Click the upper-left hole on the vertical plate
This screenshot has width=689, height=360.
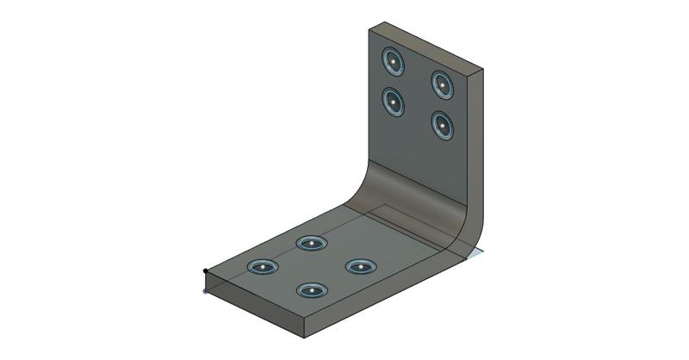click(x=393, y=61)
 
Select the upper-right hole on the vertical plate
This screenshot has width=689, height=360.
click(x=442, y=84)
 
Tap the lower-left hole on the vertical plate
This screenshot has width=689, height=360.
click(x=393, y=102)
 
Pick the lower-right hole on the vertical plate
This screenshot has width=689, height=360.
click(x=442, y=126)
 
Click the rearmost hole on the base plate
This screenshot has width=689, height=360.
click(x=311, y=243)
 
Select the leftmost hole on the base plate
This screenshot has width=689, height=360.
click(x=263, y=267)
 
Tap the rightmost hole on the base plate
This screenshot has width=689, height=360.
click(x=360, y=266)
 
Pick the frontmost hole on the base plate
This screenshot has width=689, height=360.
click(x=311, y=290)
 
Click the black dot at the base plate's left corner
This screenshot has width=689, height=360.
click(x=205, y=271)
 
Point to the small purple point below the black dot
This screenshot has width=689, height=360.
click(x=204, y=291)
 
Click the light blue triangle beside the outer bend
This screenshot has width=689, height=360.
click(x=476, y=253)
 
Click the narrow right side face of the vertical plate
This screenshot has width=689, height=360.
click(x=476, y=146)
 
